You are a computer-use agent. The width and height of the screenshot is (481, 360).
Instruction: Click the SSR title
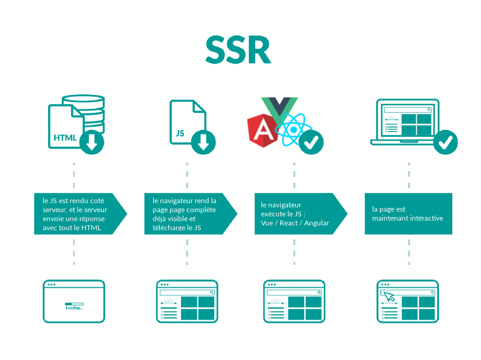point(237,49)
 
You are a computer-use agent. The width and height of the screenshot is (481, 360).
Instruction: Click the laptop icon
point(404,123)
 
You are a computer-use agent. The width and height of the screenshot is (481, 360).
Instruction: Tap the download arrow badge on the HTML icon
point(91,142)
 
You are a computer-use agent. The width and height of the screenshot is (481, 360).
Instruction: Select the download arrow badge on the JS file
point(203,142)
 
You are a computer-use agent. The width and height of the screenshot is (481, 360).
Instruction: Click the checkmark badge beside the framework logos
point(311,142)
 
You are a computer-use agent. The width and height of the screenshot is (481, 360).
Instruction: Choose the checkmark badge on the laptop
point(446,142)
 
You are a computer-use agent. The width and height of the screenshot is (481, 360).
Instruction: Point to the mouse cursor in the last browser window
point(390,296)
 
